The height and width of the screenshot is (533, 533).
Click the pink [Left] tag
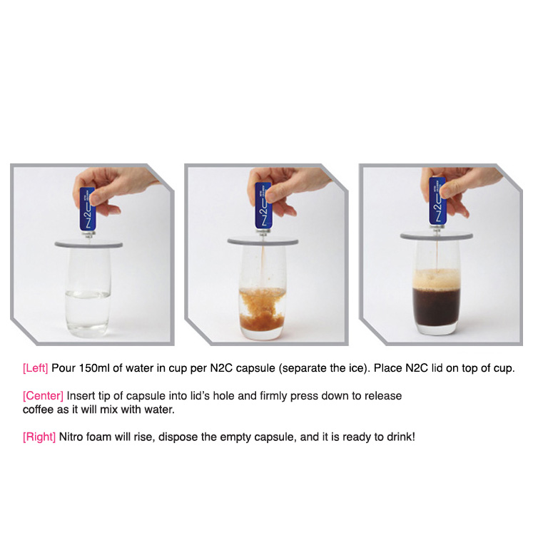(x=36, y=368)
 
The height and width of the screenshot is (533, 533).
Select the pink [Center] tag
(x=44, y=396)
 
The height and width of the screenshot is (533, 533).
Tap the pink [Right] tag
(x=39, y=437)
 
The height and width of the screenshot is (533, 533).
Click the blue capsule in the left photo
(x=87, y=209)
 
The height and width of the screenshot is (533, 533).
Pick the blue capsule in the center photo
(x=263, y=205)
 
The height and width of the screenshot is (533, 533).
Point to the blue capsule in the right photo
(x=437, y=201)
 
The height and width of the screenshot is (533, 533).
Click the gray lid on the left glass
(x=88, y=244)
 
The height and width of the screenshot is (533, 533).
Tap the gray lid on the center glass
(x=263, y=241)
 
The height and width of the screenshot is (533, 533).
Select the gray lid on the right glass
(x=437, y=235)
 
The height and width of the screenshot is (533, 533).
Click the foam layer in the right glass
(x=437, y=279)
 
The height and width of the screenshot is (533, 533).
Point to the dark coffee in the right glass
(x=437, y=307)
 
